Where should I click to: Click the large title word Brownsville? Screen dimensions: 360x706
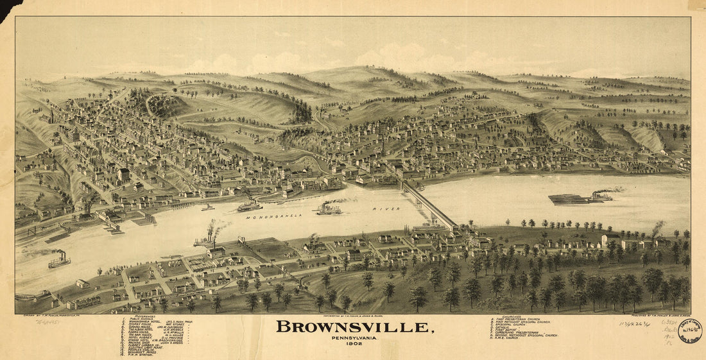[354, 327]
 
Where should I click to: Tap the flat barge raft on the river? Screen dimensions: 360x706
[569, 200]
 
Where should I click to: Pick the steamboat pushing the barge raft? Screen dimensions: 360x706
[602, 196]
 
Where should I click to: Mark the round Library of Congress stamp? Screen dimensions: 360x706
[691, 331]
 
